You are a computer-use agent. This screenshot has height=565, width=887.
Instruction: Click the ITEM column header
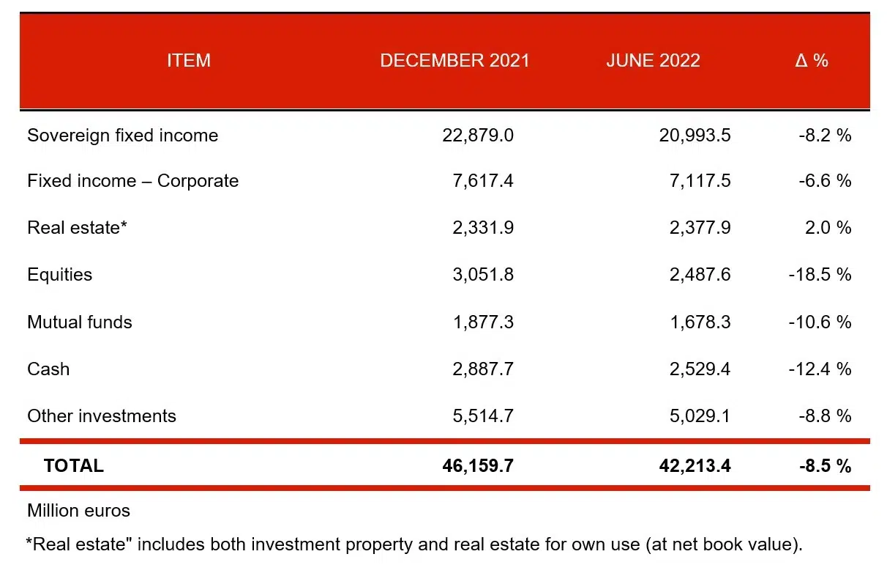tap(188, 61)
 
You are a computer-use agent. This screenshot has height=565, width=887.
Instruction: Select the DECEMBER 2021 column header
tap(454, 61)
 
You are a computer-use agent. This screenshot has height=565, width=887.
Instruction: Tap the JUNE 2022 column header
tap(653, 61)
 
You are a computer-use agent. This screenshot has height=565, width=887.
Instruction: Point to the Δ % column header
tap(812, 61)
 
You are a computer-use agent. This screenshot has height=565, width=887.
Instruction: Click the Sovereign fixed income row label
tap(122, 136)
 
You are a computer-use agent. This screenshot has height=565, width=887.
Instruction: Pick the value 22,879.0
tap(478, 136)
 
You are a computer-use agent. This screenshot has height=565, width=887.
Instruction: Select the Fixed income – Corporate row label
tap(132, 181)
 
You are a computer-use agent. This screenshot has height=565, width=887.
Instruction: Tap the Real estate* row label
tap(78, 228)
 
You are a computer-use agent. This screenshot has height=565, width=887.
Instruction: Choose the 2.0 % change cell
tap(828, 228)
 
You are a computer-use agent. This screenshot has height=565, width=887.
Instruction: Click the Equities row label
tap(60, 275)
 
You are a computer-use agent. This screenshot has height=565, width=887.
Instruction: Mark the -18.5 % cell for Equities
tap(820, 275)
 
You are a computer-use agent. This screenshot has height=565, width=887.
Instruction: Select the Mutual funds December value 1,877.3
tap(483, 322)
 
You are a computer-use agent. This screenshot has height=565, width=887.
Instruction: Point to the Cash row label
tap(48, 369)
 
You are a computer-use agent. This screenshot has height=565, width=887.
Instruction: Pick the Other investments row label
tap(102, 416)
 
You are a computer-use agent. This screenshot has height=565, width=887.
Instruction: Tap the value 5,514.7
tap(483, 416)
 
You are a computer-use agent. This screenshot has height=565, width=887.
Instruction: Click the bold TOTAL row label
tap(74, 465)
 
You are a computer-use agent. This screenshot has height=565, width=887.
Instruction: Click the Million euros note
tap(78, 511)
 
